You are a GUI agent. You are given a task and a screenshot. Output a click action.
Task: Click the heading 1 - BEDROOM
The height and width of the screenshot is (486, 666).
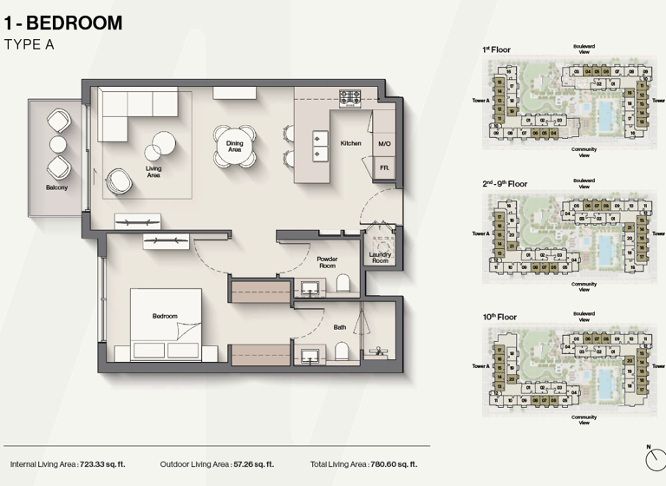tap(62, 23)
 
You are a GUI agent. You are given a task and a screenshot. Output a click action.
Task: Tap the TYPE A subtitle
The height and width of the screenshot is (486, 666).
tap(29, 44)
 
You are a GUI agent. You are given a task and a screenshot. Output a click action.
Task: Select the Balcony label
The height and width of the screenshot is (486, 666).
tap(57, 187)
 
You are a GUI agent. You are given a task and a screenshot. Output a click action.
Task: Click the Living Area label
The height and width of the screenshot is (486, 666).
tap(153, 173)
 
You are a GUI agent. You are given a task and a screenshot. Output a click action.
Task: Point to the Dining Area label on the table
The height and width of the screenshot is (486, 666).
tap(234, 146)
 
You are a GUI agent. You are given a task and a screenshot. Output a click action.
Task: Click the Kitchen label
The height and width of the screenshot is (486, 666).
tap(350, 143)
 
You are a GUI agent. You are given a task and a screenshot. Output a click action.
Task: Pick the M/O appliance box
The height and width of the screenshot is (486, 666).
tap(384, 144)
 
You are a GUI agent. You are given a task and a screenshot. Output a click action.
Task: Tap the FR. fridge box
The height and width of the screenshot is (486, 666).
tap(383, 167)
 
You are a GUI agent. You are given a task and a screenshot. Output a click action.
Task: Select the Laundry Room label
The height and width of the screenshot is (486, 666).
tap(380, 258)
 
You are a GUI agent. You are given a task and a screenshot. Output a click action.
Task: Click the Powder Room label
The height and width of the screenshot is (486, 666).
tap(327, 262)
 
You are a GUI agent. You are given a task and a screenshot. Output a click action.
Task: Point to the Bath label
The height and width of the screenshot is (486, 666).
tap(340, 327)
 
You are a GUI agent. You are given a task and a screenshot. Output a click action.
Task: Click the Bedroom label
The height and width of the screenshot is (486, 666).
tap(165, 316)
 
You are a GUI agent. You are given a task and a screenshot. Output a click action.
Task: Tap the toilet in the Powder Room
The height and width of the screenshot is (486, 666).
tap(343, 284)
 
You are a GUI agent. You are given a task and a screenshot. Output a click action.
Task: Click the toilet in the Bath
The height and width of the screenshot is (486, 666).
tap(343, 349)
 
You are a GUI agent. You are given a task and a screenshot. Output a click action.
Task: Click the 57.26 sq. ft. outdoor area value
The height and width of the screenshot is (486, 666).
tap(253, 465)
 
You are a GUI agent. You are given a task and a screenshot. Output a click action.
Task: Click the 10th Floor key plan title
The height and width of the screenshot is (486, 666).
tap(499, 318)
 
